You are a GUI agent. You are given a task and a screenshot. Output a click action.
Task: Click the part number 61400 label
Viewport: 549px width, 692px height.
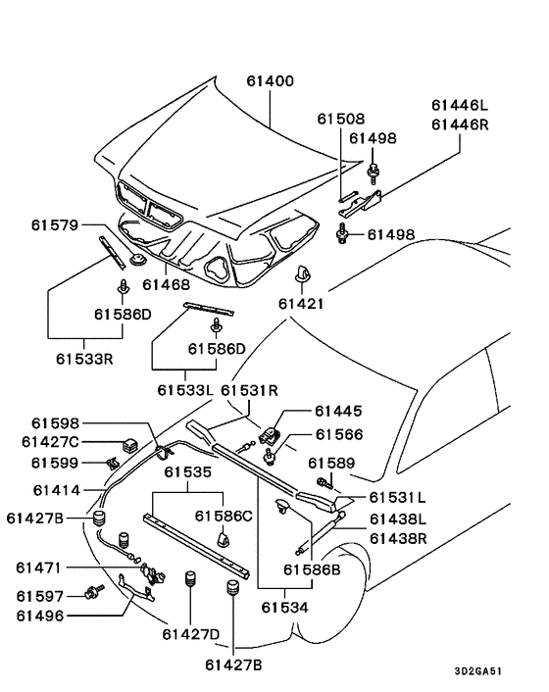tap(270, 81)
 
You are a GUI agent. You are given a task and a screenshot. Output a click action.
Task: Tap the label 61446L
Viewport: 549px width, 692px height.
tap(460, 106)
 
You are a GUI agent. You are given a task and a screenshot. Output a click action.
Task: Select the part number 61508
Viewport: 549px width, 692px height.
tap(341, 119)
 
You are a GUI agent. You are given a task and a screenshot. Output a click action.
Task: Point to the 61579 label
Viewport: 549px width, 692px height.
tap(55, 225)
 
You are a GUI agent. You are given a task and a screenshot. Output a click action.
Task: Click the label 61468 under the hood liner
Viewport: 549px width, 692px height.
tap(166, 284)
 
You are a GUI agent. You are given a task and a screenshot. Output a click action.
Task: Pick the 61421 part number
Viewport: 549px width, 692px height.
tap(302, 304)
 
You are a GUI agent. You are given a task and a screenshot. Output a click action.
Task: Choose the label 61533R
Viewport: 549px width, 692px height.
tap(84, 359)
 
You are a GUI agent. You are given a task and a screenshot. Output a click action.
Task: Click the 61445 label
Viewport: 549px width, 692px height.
tap(338, 411)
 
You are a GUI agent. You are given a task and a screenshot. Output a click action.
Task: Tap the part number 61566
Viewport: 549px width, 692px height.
tap(339, 435)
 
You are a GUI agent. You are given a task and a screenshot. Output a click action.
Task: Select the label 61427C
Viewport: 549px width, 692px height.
tap(50, 442)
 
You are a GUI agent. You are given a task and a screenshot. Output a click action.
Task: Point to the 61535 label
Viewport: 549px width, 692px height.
tap(188, 472)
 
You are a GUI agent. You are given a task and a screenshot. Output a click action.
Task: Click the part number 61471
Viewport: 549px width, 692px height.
tap(38, 568)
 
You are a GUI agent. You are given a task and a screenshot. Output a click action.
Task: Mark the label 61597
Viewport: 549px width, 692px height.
tap(40, 596)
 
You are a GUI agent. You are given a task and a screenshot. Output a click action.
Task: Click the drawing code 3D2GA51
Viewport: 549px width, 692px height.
tap(478, 671)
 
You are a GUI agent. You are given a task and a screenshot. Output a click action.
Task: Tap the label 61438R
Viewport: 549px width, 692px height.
tap(398, 539)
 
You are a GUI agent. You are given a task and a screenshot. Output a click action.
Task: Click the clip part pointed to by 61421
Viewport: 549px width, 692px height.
tap(302, 273)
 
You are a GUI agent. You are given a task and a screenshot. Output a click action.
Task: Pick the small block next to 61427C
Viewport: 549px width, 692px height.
tap(129, 444)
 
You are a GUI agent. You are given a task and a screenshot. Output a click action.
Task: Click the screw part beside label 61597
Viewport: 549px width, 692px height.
tap(94, 592)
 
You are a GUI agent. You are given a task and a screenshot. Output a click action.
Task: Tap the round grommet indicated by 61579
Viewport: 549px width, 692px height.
tap(138, 260)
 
